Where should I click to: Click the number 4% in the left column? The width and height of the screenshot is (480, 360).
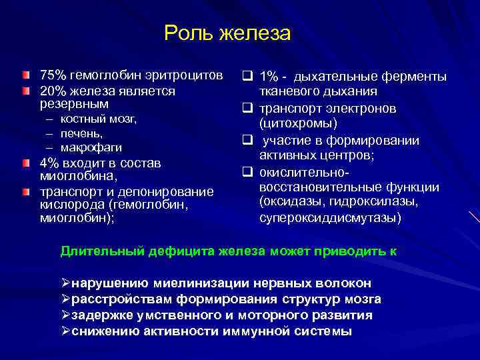point(49,163)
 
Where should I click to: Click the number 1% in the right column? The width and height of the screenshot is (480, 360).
point(271,77)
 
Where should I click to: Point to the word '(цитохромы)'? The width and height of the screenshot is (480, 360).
point(299,123)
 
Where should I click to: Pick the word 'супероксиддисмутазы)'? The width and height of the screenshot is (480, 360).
point(331,217)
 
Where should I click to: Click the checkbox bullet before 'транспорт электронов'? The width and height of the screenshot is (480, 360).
point(247,108)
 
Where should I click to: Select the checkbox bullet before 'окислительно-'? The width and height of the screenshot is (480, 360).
point(247,173)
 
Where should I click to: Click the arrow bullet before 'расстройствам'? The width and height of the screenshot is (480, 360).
point(65,299)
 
